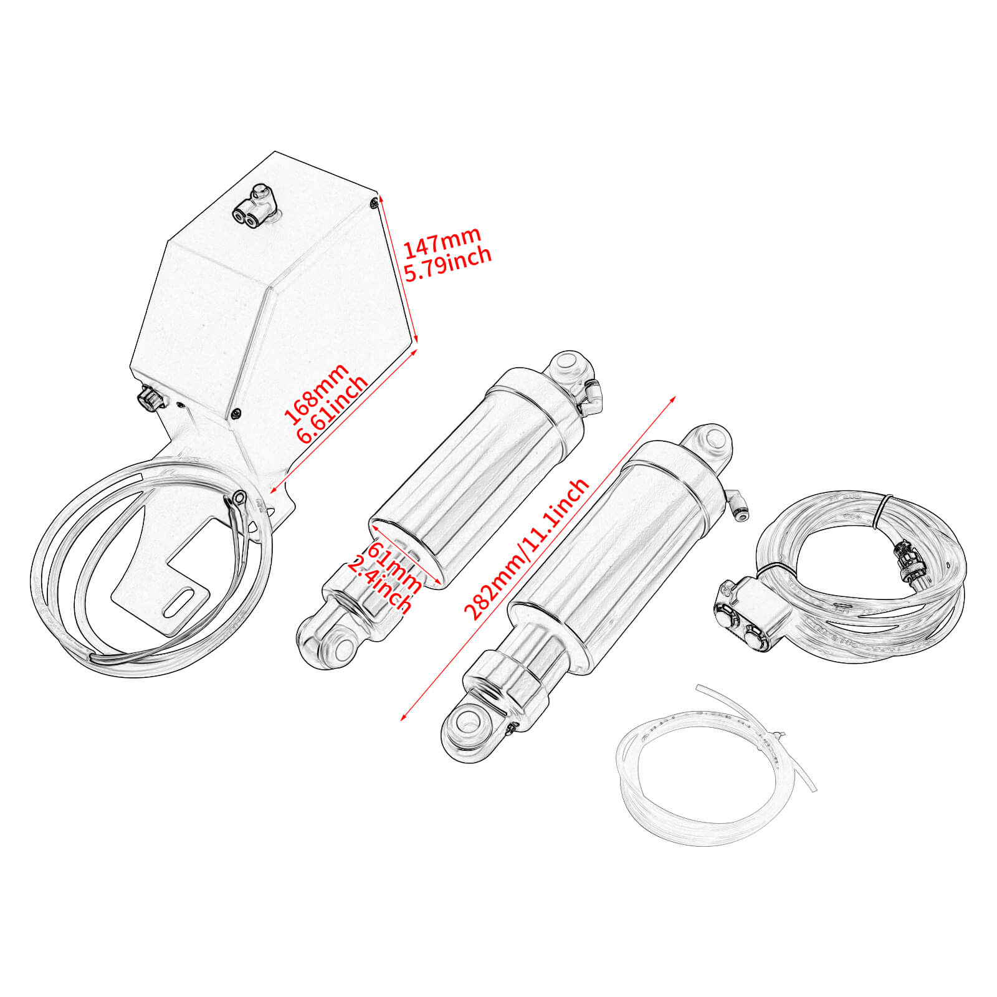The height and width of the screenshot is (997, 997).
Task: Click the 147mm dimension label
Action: click(x=442, y=242)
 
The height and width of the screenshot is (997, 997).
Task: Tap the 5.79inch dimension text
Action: click(x=448, y=265)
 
